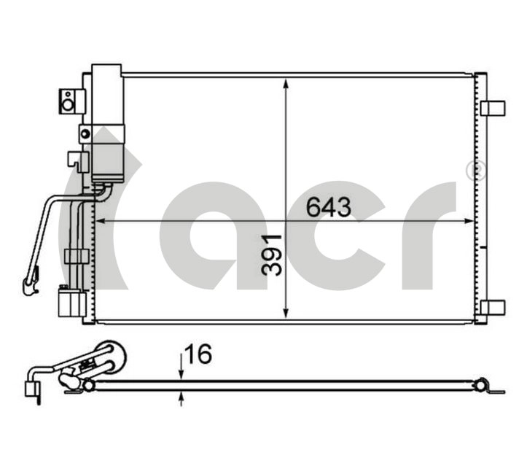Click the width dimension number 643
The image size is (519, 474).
pyautogui.click(x=328, y=207)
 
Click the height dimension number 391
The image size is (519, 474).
pyautogui.click(x=271, y=254)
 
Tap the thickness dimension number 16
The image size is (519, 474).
pyautogui.click(x=198, y=354)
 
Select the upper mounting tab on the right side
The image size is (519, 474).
pyautogui.click(x=493, y=108)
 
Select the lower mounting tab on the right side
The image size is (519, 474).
pyautogui.click(x=493, y=307)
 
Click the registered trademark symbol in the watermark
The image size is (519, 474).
pyautogui.click(x=475, y=171)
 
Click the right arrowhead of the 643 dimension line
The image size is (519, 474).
pyautogui.click(x=467, y=220)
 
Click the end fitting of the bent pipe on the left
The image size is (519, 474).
pyautogui.click(x=31, y=281)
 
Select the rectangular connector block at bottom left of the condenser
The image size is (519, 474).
pyautogui.click(x=71, y=302)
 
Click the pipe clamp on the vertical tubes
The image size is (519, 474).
pyautogui.click(x=77, y=256)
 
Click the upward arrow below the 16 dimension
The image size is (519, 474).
pyautogui.click(x=182, y=397)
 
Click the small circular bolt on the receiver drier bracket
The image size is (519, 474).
pyautogui.click(x=85, y=133)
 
